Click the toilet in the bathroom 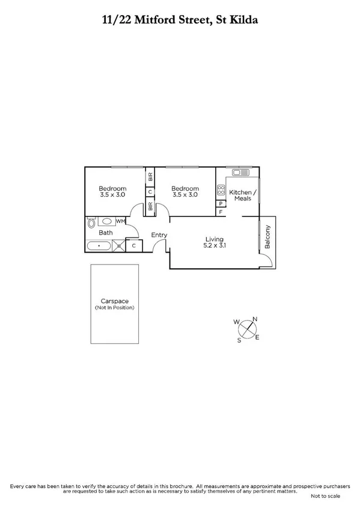[91, 223]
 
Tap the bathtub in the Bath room [98, 245]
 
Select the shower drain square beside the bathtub [119, 245]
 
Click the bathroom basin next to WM [106, 221]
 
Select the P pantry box [221, 204]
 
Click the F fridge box [221, 212]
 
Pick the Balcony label [268, 236]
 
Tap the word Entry [159, 235]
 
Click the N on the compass [254, 319]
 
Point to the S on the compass [239, 340]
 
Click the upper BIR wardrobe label [150, 177]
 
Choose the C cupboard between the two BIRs [150, 192]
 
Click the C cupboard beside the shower [133, 245]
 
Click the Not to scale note [325, 496]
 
